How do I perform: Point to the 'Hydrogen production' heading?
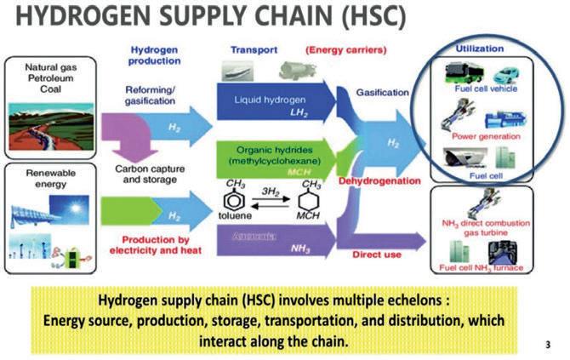tap(154, 56)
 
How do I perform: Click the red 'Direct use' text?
tap(378, 253)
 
